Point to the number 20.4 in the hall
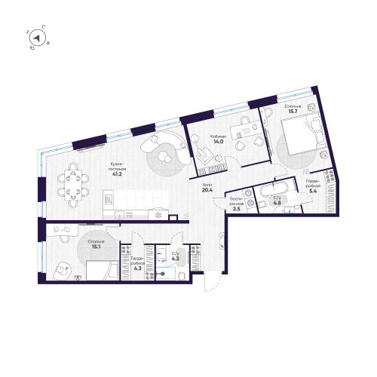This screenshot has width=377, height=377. pos(207,191)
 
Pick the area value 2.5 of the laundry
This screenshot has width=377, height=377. pos(236,208)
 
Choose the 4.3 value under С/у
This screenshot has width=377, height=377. pos(175,260)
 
